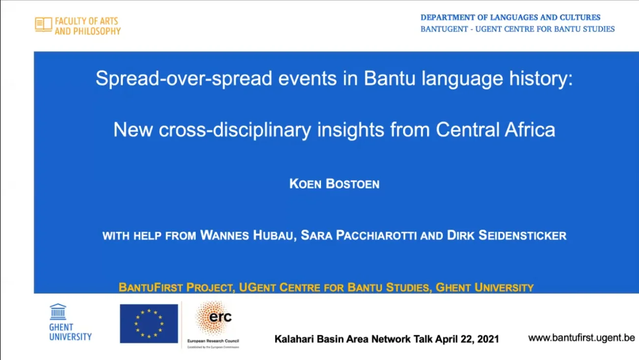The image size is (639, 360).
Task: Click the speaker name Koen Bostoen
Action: (334, 185)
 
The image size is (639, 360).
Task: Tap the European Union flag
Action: (149, 323)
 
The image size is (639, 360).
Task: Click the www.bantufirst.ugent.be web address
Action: (581, 338)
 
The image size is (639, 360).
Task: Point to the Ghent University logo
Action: (70, 322)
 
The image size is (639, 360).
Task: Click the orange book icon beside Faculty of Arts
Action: (43, 25)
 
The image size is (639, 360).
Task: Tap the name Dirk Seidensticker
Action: (506, 236)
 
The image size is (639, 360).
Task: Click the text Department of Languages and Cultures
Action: (510, 17)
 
